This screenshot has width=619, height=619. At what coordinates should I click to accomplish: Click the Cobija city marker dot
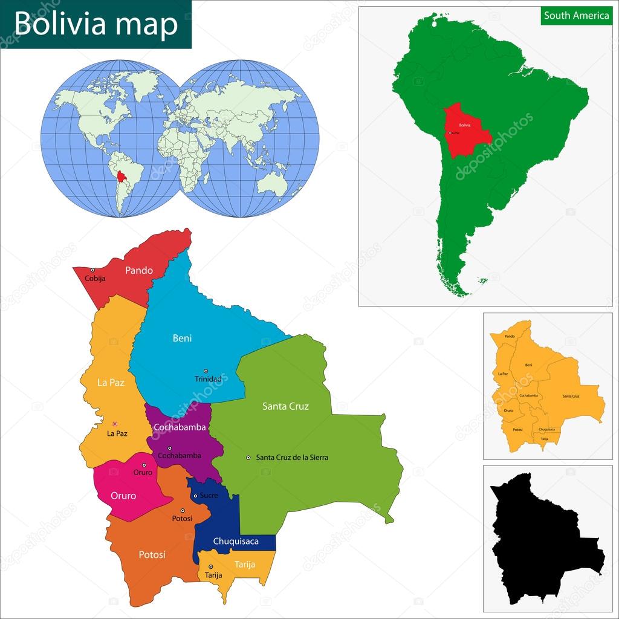tap(92, 270)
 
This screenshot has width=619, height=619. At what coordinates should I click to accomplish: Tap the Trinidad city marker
tap(206, 371)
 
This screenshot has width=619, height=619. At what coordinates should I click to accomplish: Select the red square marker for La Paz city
tap(115, 423)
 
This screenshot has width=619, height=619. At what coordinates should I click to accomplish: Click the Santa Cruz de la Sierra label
tap(292, 458)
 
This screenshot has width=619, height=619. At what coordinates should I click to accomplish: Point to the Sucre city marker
tap(195, 496)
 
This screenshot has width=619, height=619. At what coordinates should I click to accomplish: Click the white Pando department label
tap(139, 270)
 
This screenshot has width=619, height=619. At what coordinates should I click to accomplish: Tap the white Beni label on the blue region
tap(182, 338)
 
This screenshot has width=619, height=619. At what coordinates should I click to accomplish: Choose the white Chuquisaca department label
tap(236, 541)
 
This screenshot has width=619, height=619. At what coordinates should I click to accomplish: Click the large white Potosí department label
tap(152, 554)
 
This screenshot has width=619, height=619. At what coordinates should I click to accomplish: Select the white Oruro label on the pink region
tap(123, 496)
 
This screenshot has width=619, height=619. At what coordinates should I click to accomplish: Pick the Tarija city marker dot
tap(210, 566)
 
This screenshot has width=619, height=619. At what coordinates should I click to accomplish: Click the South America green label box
tap(576, 16)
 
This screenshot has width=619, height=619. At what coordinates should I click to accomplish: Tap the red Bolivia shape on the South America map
tap(465, 129)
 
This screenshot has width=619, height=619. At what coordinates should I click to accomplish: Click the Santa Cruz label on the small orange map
tap(571, 396)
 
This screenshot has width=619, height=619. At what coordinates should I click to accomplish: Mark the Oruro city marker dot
tap(144, 465)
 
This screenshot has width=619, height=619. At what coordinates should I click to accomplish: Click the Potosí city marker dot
tap(182, 511)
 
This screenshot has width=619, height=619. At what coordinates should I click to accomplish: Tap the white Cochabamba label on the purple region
tap(180, 427)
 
